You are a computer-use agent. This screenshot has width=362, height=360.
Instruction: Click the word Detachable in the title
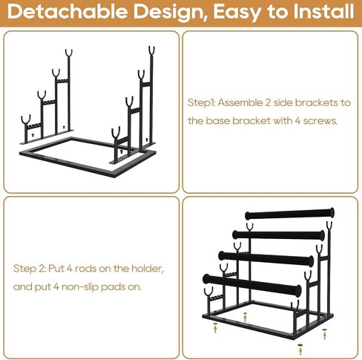coord(68,11)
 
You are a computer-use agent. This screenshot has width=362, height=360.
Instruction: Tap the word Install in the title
coord(324,11)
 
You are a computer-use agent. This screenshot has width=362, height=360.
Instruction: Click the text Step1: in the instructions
coord(202,103)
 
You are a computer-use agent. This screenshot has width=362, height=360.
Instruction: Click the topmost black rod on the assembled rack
coord(289,215)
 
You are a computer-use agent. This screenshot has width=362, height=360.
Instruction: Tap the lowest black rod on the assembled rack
coord(252,285)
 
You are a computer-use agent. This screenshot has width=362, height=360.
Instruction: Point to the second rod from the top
coord(278,235)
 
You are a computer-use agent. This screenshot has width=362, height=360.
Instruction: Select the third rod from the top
coord(266,258)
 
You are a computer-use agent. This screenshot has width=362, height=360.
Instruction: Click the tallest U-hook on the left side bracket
coord(69,53)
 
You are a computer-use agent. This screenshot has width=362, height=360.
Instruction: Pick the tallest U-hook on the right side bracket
coord(151,50)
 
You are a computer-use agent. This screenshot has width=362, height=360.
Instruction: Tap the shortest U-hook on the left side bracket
coord(26,120)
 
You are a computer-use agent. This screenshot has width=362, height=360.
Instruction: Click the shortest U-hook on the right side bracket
coord(116,133)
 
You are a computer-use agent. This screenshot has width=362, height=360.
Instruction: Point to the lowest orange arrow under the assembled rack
coord(300,351)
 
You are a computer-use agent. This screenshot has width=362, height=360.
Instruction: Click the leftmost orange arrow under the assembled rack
coord(215,329)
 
